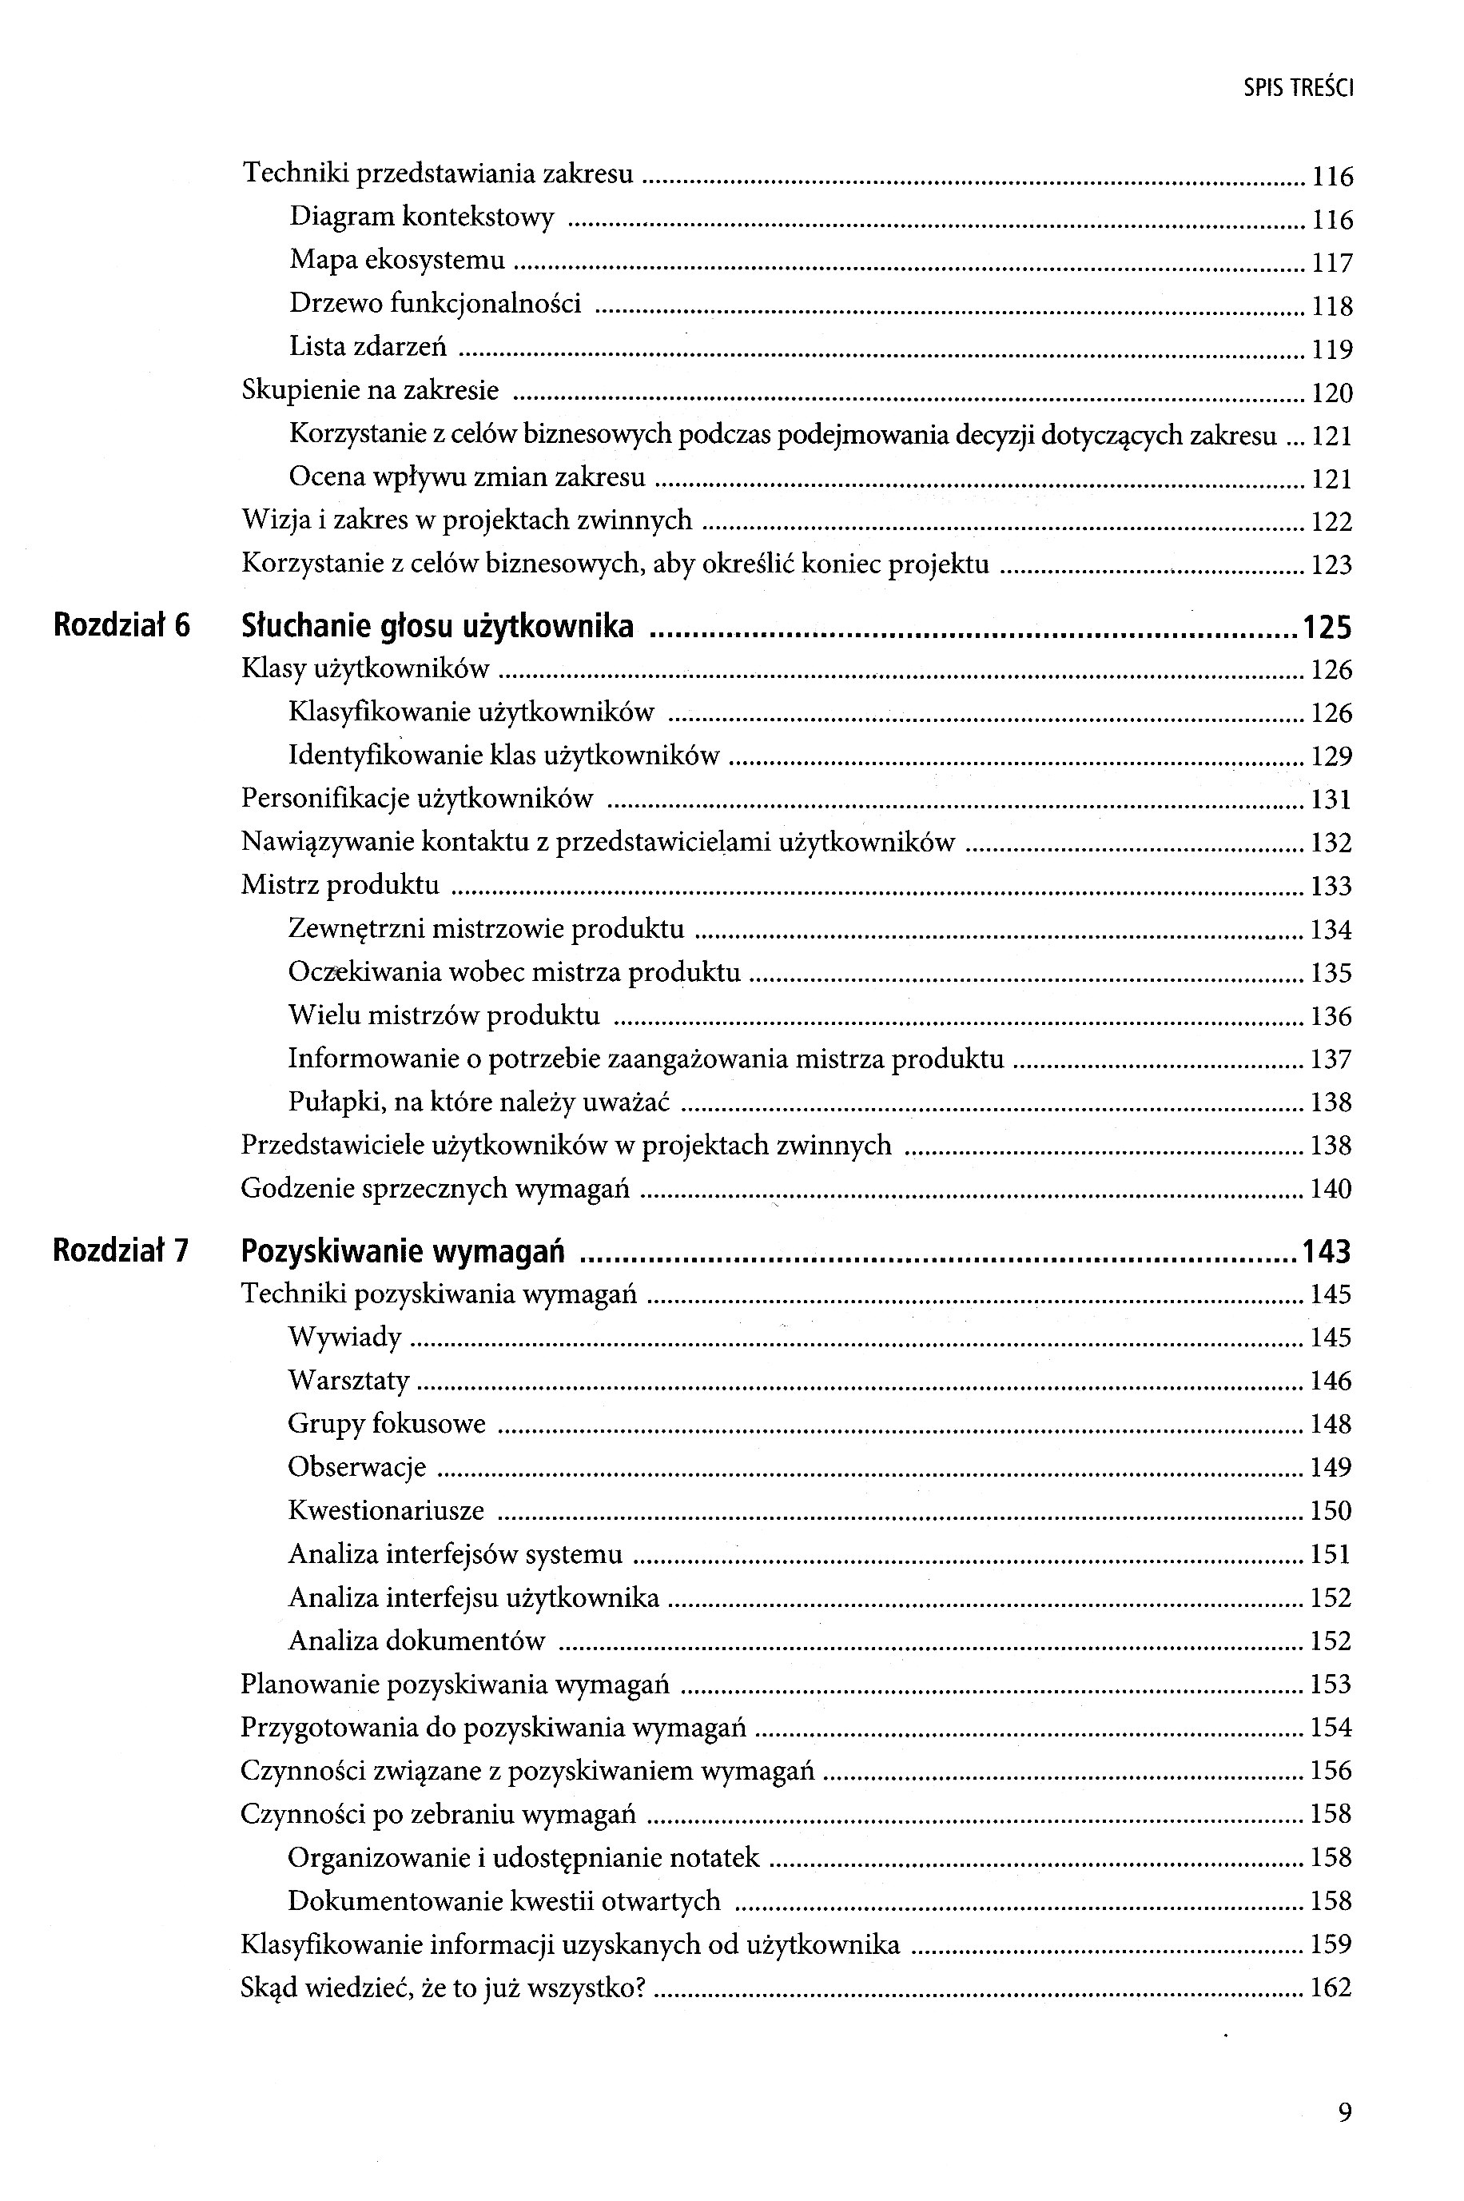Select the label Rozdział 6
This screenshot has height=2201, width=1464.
pos(121,624)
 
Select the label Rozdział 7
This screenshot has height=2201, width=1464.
pos(121,1250)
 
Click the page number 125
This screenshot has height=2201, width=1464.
pos(1327,627)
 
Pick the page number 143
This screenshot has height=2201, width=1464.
pos(1327,1251)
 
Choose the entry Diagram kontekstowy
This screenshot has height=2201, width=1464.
pos(421,217)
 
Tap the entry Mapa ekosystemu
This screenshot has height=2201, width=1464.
pos(397,260)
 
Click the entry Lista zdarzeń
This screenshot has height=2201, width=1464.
pos(368,346)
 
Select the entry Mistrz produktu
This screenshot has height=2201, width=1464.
pos(340,884)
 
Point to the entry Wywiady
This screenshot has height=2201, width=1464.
pos(344,1336)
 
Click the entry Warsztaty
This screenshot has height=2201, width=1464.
pos(348,1380)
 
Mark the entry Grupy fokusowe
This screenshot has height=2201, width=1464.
pos(387,1423)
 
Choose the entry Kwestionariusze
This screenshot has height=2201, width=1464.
pos(386,1510)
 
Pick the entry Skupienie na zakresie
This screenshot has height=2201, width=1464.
pos(370,389)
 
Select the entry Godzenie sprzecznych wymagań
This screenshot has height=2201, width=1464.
pos(435,1189)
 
